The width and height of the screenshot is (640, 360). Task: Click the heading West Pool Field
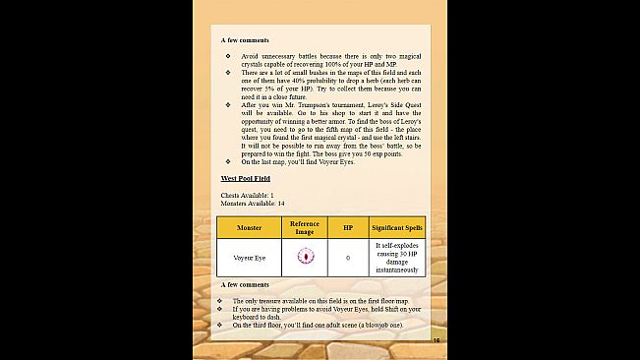pos(245,178)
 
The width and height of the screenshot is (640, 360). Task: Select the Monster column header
pos(249,228)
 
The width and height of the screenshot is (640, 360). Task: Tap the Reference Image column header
pos(305,227)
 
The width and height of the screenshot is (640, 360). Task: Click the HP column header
pos(347,228)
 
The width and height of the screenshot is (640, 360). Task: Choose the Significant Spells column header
pos(396,228)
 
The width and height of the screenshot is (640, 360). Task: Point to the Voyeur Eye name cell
pos(249,258)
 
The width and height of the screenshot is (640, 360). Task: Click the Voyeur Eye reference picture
pos(305,257)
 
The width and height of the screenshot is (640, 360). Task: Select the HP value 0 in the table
pos(347,258)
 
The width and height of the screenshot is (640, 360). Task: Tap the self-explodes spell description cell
pos(396,257)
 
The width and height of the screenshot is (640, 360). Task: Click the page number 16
pos(436,340)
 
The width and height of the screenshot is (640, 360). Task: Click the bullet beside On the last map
pos(227,160)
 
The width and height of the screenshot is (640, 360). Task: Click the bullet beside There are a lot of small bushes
pos(227,72)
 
